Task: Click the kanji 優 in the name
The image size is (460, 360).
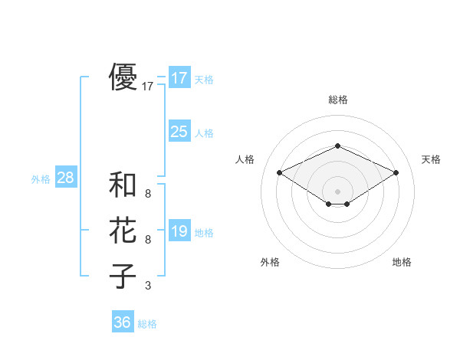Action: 123,77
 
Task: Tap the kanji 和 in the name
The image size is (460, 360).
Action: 123,185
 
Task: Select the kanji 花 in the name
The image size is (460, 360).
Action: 123,230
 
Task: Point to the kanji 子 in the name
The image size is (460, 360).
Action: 123,275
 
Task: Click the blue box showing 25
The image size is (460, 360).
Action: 179,132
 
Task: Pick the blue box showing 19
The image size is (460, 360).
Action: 179,231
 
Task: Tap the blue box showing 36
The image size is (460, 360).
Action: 123,322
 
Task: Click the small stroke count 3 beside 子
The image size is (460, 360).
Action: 148,286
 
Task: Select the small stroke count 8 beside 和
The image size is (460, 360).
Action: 148,195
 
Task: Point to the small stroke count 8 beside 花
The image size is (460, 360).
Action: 148,240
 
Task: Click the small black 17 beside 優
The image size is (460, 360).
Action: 148,87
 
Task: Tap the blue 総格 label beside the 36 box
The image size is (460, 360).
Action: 147,324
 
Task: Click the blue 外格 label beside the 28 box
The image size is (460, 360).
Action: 41,179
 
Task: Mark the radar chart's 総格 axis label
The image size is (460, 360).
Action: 337,100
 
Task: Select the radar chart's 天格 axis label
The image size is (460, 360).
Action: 432,159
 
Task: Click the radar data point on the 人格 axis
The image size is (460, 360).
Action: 279,172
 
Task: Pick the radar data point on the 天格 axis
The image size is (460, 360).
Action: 396,172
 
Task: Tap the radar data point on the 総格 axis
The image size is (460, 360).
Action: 337,146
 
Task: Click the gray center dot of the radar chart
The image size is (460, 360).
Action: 337,191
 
